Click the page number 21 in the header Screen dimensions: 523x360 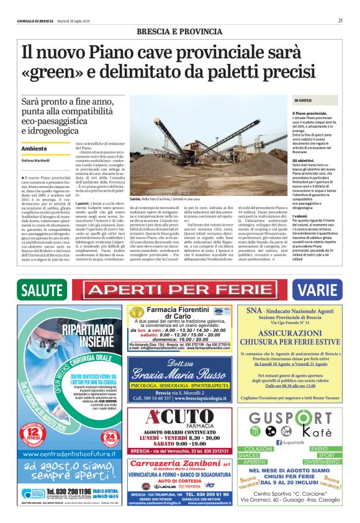[341, 20]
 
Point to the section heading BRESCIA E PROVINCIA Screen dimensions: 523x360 [179, 31]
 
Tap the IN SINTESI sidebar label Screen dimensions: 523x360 [303, 100]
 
